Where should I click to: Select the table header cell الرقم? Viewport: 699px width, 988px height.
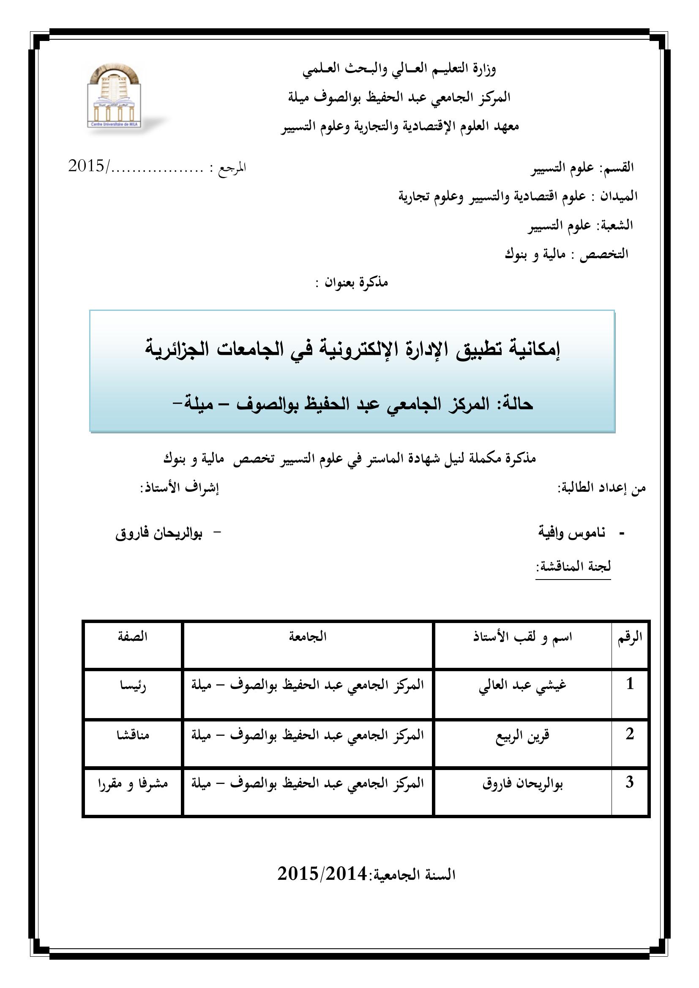[630, 637]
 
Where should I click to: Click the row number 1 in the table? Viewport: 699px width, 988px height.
[630, 684]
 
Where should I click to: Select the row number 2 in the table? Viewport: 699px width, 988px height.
[630, 734]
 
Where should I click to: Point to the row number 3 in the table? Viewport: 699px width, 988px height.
[630, 782]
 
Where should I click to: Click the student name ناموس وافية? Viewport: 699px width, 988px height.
[572, 533]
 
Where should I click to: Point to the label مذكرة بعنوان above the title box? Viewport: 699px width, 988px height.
[352, 283]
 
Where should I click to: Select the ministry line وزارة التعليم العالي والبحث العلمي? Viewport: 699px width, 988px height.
[399, 69]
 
